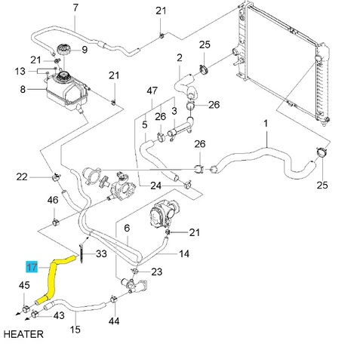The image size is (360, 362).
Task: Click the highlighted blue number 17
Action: [x=32, y=266]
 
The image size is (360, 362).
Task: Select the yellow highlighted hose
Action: [x=51, y=279]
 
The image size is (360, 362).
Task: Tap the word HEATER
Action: [x=23, y=334]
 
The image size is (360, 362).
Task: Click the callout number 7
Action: [x=75, y=8]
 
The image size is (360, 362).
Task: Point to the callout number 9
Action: [x=85, y=50]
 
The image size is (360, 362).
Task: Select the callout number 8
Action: [x=23, y=89]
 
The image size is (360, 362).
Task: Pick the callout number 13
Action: [x=20, y=71]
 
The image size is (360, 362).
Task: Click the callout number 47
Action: [x=152, y=90]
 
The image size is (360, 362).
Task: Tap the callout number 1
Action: [x=266, y=124]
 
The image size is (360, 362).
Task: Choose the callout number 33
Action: [x=101, y=253]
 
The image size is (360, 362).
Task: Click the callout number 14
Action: [x=184, y=253]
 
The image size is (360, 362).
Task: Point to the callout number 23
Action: [x=157, y=271]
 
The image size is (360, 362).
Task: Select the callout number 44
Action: [x=114, y=321]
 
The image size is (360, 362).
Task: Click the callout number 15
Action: [x=75, y=330]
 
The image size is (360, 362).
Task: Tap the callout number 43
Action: [x=59, y=315]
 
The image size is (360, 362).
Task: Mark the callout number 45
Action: [x=24, y=285]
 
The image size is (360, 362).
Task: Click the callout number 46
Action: [x=53, y=200]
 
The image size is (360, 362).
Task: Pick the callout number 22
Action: [x=22, y=177]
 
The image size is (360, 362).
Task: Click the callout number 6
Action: [x=127, y=228]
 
